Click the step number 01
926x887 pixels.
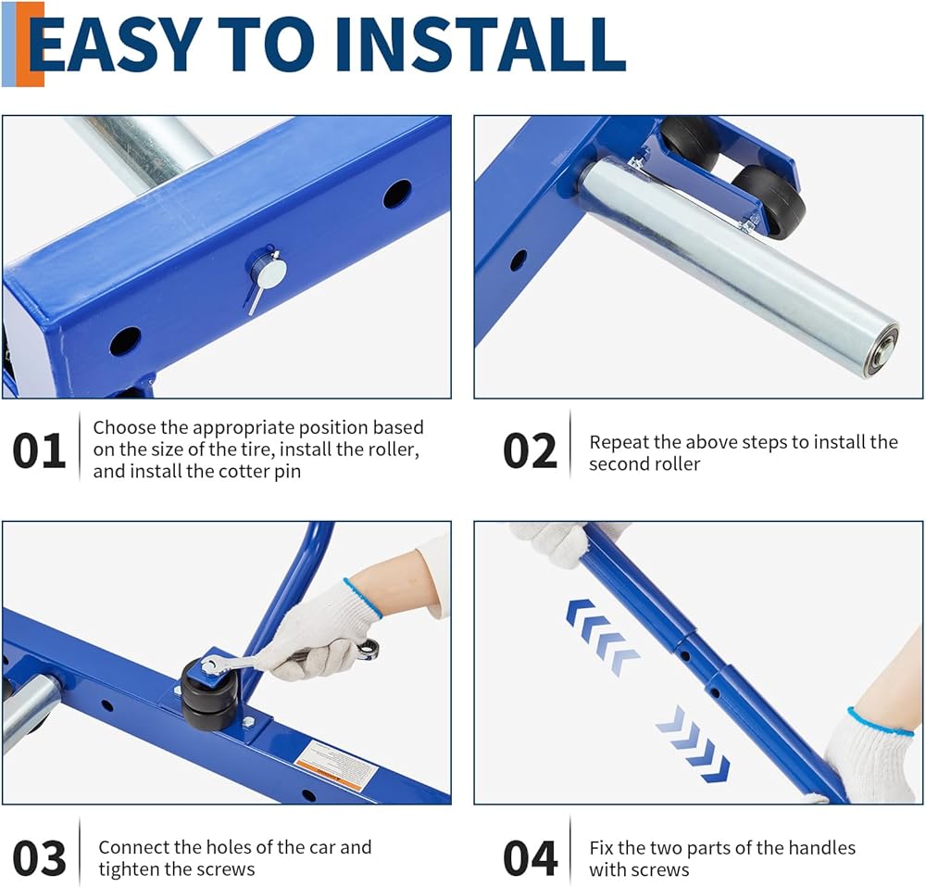[x=38, y=450]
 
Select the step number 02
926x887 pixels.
[x=530, y=450]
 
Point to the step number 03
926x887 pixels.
[x=38, y=857]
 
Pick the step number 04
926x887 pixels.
[x=530, y=857]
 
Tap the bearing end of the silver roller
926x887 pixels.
[x=881, y=348]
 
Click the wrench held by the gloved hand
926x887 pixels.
[x=289, y=657]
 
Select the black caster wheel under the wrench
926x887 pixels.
[x=210, y=697]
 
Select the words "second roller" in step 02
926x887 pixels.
[x=644, y=463]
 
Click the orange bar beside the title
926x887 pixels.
[x=30, y=44]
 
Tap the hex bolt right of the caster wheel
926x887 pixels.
[x=248, y=721]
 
